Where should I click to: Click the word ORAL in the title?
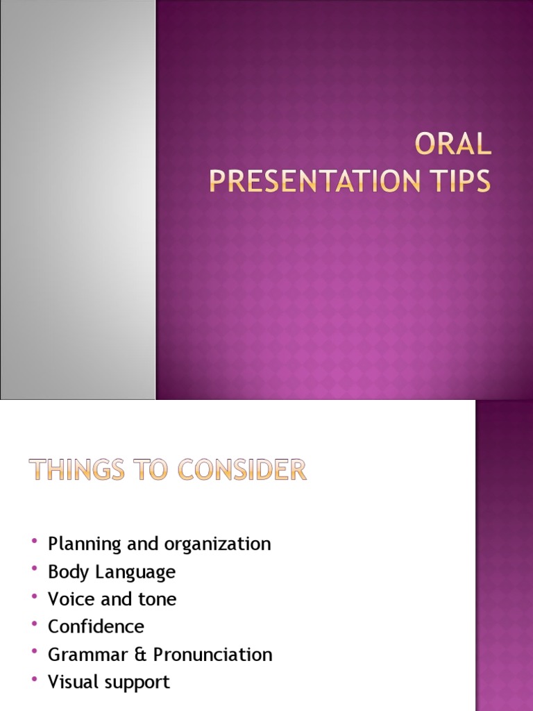pos(452,145)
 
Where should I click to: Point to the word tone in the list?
pos(156,599)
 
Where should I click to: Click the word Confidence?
pos(96,626)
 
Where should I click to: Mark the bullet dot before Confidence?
pos(33,625)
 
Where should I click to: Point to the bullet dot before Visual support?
pos(33,680)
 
